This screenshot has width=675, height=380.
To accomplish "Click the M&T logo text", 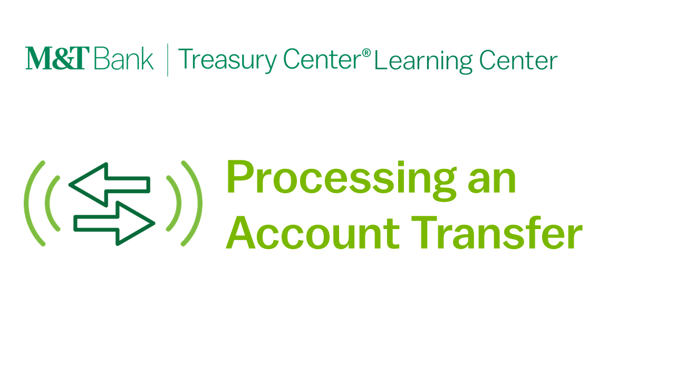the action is coord(57,58).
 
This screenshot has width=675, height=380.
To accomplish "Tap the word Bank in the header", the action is coord(124,58).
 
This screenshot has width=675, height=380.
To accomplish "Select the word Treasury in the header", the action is coord(227,60).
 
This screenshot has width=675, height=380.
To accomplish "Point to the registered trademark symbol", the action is coord(366,53).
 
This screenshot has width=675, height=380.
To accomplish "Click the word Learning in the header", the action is coord(423,62).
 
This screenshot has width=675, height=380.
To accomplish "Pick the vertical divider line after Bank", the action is coord(168,60).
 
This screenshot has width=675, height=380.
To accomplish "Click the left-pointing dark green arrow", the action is coord(109,185).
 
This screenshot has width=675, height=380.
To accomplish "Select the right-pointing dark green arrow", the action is coord(114,223).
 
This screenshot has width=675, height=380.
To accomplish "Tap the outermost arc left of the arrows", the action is coord(26,203).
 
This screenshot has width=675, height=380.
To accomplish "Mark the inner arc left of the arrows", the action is coord(47,203).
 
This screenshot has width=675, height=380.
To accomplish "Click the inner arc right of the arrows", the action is coord(179,203).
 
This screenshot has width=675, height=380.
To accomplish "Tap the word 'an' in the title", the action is coord(492,180).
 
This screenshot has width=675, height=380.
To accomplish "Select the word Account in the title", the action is coord(313,233).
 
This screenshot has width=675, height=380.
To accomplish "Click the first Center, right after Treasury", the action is coord(322,59).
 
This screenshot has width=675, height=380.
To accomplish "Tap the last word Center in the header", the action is coord(518,60).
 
